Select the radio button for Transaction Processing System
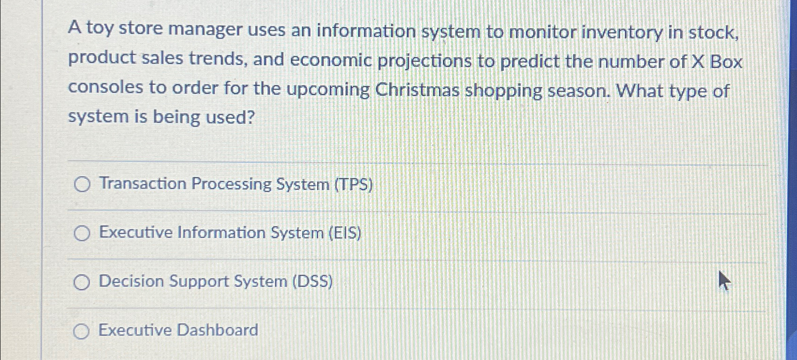pyautogui.click(x=82, y=185)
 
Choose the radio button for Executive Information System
pyautogui.click(x=82, y=233)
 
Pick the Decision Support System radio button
pyautogui.click(x=82, y=282)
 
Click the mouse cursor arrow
pyautogui.click(x=724, y=281)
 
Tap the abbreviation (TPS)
pyautogui.click(x=353, y=185)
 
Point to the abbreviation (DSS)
pyautogui.click(x=312, y=282)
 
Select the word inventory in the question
pyautogui.click(x=622, y=33)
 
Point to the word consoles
pyautogui.click(x=106, y=87)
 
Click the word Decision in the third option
pyautogui.click(x=131, y=282)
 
